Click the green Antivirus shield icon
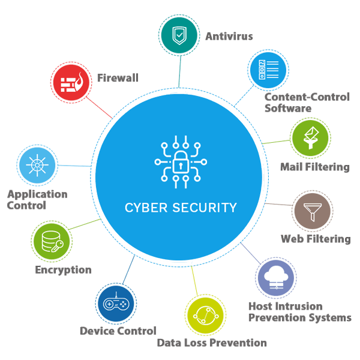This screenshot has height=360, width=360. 179,35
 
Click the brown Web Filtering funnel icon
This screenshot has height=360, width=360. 313,211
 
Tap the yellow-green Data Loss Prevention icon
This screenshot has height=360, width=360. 205,315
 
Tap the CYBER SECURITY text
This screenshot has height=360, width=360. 181,208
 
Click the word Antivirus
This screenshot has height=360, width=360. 229,36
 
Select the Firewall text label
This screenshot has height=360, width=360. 118,78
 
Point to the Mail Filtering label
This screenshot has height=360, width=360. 314,167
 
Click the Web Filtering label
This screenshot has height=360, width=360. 316,239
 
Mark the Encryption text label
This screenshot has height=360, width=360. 63,270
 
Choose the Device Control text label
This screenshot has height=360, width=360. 118,331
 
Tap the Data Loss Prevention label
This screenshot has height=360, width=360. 212,343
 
